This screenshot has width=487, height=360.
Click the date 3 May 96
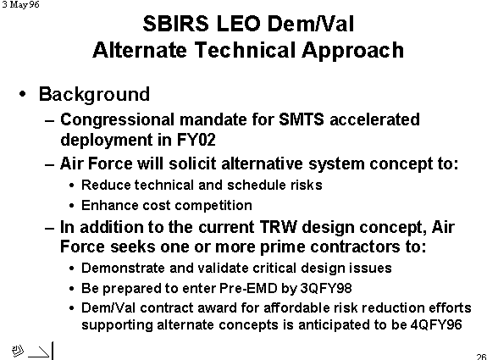[x=20, y=4]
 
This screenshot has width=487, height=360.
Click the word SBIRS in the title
[x=176, y=24]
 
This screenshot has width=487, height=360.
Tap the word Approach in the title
[x=352, y=51]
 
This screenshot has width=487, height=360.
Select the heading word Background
[x=94, y=95]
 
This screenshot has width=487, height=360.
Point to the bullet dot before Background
[x=22, y=94]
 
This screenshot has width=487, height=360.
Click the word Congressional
[x=118, y=120]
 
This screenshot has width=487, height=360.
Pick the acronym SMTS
[x=302, y=119]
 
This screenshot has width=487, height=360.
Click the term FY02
[x=196, y=140]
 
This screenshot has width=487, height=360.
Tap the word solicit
[x=192, y=163]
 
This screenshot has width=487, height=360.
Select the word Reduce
[x=106, y=186]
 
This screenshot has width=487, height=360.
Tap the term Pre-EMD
[x=248, y=288]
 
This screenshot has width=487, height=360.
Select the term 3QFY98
[x=326, y=288]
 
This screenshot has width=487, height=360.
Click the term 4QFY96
[x=436, y=324]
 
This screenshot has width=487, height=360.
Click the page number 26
[x=481, y=357]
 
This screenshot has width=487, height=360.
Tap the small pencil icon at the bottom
[x=18, y=351]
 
